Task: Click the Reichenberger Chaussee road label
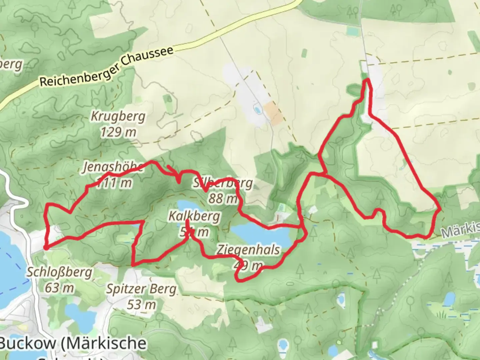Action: (107, 67)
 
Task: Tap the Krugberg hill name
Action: (118, 117)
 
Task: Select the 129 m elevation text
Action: (118, 132)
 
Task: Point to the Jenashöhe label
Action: (113, 167)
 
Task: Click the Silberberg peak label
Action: (223, 183)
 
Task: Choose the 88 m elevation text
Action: (223, 199)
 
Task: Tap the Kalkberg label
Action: (194, 216)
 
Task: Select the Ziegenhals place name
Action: (248, 250)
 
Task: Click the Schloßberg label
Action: (60, 272)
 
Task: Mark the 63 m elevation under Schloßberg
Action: (60, 288)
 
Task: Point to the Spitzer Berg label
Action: (141, 289)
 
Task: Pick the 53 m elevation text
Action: (141, 305)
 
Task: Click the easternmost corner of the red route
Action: (440, 209)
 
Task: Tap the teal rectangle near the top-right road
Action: (352, 31)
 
